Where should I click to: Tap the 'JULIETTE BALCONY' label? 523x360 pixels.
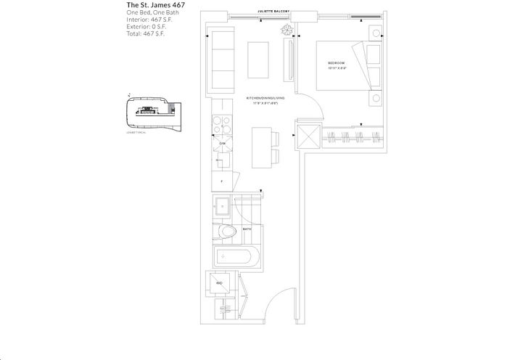click(x=273, y=12)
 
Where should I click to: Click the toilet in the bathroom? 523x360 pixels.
click(x=228, y=233)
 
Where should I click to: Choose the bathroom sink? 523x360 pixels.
click(x=223, y=206)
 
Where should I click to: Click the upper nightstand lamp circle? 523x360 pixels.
click(x=374, y=33)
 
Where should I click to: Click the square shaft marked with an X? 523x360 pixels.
click(x=308, y=138)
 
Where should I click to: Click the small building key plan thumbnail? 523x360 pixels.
click(x=150, y=112)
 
